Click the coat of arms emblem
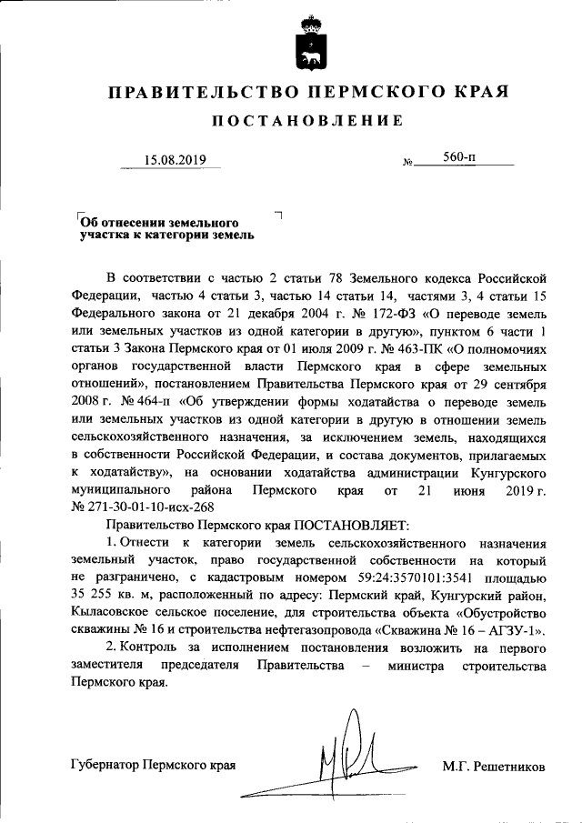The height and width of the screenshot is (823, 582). point(309,45)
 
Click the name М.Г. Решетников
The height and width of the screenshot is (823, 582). point(494,767)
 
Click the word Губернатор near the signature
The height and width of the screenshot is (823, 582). point(104,766)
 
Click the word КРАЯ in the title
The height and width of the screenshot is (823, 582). point(476,93)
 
